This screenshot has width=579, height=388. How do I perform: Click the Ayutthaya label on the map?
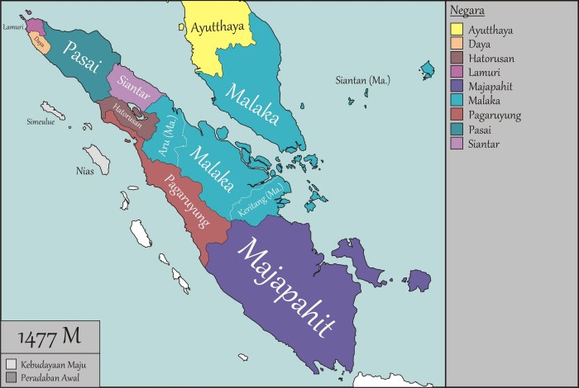[218, 27]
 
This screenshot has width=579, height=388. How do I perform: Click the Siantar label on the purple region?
[135, 83]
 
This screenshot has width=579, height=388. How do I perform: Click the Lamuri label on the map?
[13, 26]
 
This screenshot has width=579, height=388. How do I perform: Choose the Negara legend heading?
[467, 11]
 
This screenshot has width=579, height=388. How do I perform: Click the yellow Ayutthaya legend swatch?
[456, 31]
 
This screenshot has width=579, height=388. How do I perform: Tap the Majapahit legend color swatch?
[456, 87]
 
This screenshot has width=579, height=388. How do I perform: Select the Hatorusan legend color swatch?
[456, 59]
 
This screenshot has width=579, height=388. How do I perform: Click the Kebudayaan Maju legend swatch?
[11, 364]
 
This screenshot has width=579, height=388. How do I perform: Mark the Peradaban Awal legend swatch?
[11, 377]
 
